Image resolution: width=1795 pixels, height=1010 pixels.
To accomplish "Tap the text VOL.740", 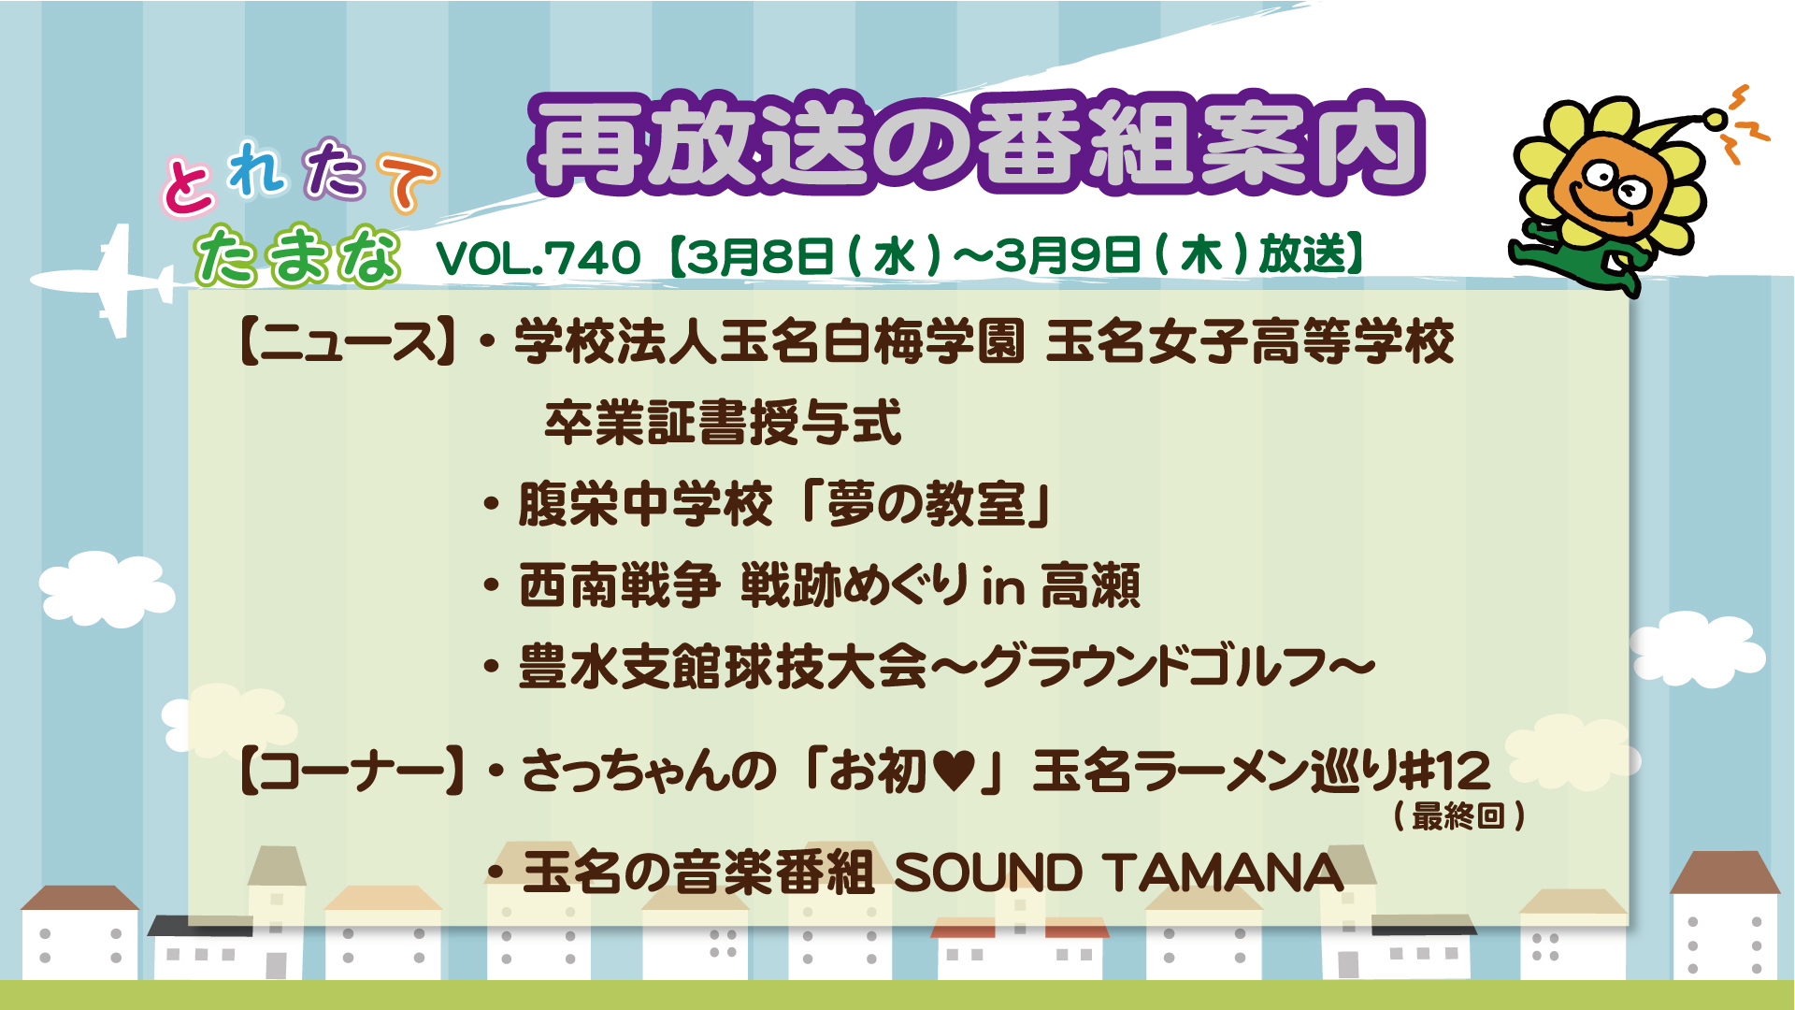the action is point(538,257).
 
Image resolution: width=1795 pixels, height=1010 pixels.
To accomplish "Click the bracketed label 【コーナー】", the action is point(352,772).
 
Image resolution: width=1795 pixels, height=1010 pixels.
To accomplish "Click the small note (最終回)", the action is point(1459,816).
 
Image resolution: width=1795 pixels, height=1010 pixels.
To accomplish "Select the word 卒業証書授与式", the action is point(723,423).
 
